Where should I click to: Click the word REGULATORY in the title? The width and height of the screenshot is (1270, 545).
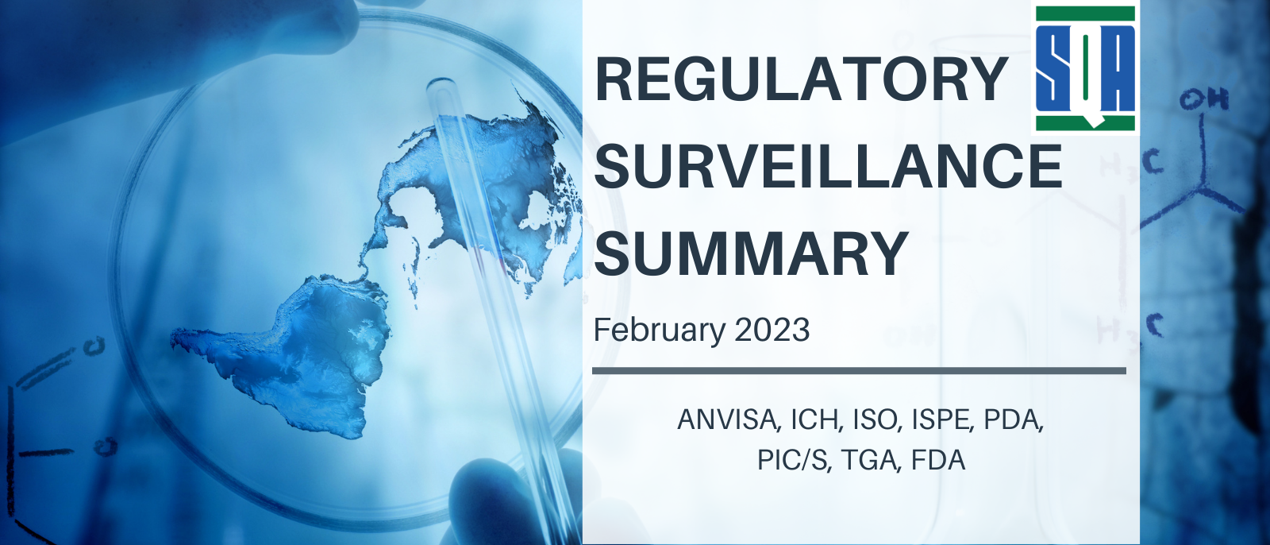click(x=801, y=79)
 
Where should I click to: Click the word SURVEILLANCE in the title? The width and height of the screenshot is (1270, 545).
click(x=829, y=166)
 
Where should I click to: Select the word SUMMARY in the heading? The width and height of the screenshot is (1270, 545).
click(x=752, y=253)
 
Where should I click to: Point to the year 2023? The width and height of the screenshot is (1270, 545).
click(x=772, y=330)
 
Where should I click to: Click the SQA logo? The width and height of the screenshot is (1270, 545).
click(x=1085, y=68)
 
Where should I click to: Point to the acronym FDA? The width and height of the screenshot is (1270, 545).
click(x=938, y=460)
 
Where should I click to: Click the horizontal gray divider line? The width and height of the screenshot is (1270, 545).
click(x=859, y=371)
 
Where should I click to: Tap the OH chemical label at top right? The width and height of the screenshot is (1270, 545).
click(x=1205, y=100)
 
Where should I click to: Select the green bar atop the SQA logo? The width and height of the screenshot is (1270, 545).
click(x=1085, y=14)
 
